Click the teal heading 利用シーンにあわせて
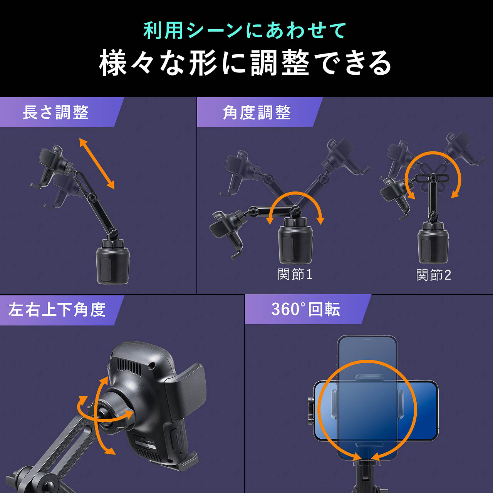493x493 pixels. [x=245, y=31]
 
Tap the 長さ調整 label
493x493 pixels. [x=55, y=112]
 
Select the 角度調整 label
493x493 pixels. [x=257, y=112]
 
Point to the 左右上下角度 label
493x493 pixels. [x=57, y=310]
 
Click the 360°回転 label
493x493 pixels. [x=305, y=309]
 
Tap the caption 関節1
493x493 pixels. [x=295, y=274]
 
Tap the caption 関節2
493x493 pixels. [x=433, y=275]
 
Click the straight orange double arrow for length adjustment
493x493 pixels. [x=97, y=164]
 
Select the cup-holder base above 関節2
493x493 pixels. [x=433, y=245]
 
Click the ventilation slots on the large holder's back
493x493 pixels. [x=129, y=365]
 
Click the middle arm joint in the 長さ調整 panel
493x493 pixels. [x=92, y=198]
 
